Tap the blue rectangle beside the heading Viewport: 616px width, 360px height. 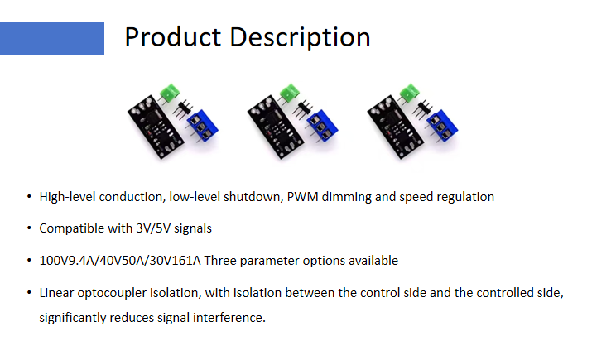pyautogui.click(x=52, y=38)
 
